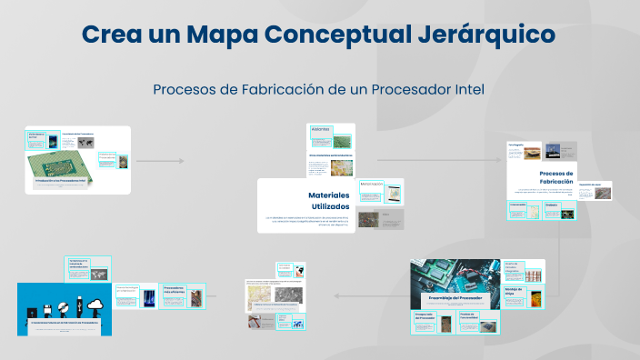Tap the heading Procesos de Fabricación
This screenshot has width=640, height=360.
pos(555,177)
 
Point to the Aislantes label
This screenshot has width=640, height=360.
pos(320,130)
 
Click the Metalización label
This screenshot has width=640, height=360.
pos(371,184)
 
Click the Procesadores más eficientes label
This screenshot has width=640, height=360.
pos(175,291)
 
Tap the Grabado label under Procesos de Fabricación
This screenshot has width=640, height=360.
pos(552,205)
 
